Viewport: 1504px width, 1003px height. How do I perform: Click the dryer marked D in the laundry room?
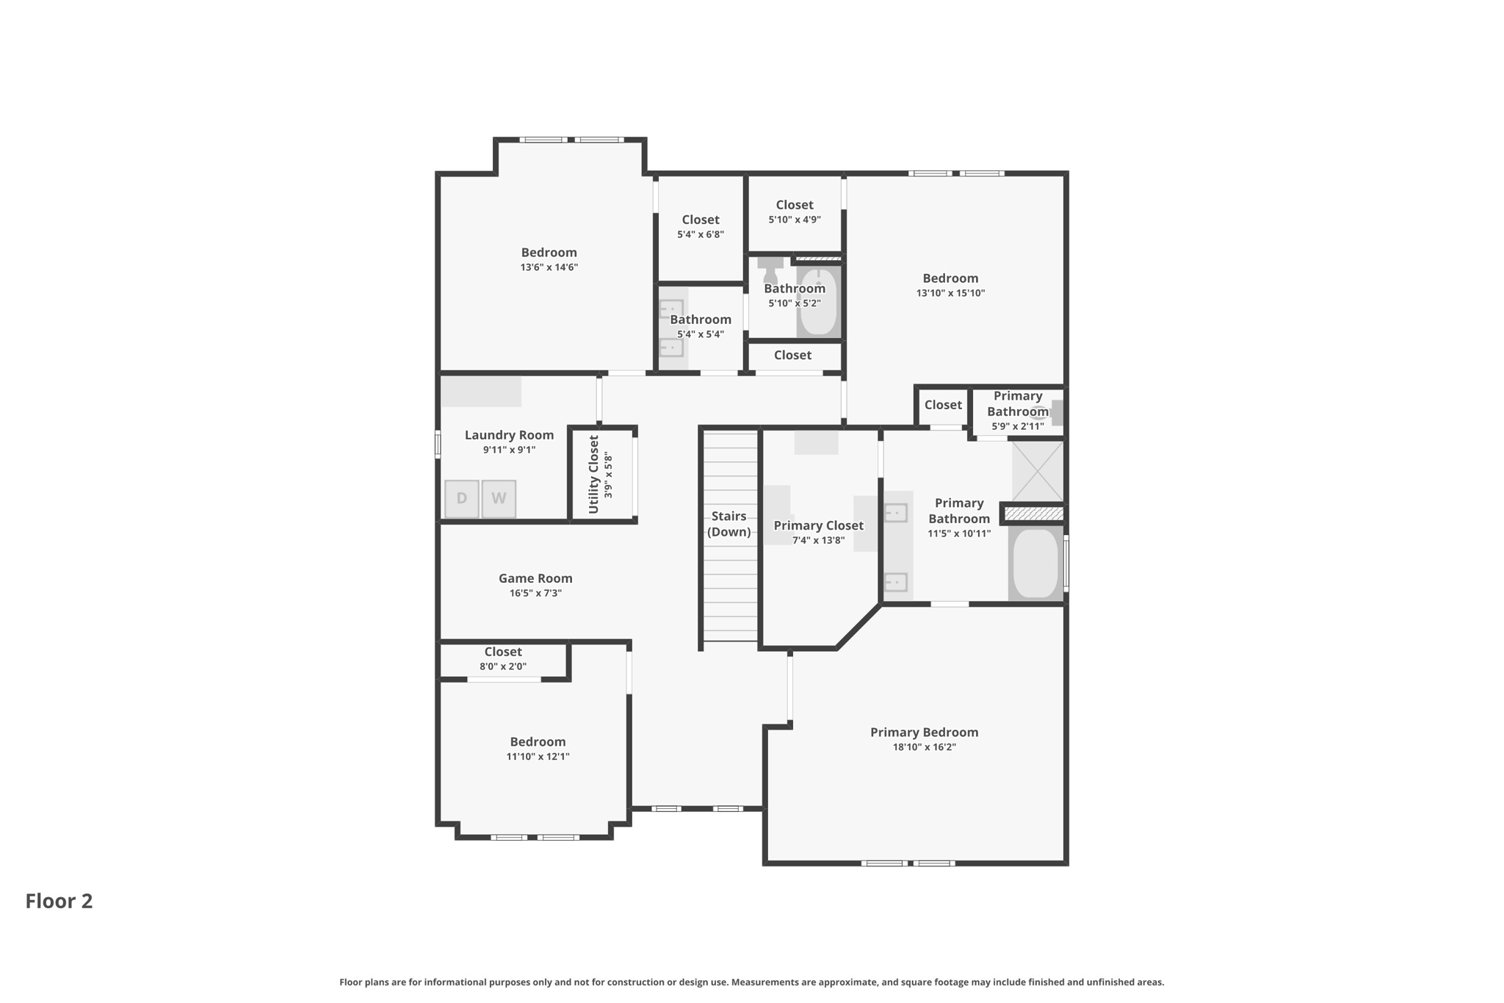462,499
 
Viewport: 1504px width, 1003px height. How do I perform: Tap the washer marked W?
499,499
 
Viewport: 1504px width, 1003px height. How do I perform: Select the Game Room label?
535,579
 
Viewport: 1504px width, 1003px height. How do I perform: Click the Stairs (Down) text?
728,524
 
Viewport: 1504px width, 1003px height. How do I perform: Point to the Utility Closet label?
594,474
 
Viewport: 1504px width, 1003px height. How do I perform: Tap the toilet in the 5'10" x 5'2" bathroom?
770,269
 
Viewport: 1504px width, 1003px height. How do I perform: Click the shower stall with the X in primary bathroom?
1038,471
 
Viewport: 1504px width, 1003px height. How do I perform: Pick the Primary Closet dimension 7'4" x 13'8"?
818,541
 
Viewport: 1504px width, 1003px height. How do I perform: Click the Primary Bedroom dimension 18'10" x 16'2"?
924,747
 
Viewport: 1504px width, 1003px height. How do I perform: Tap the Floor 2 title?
59,901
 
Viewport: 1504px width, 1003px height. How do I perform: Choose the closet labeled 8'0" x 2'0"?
503,659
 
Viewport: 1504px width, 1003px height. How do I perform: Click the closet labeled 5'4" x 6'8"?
701,226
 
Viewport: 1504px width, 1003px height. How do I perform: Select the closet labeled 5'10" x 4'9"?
795,212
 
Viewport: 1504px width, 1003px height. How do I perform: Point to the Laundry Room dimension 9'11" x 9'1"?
509,450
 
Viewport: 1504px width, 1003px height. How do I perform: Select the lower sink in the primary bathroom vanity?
895,582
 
